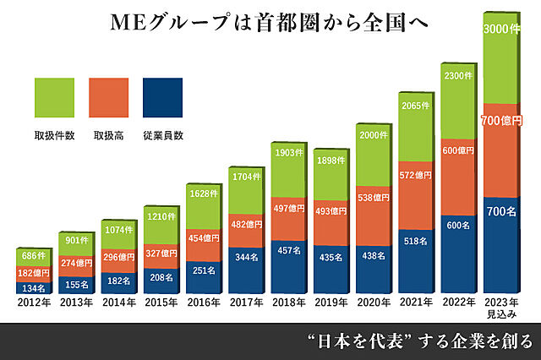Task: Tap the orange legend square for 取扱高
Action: [x=108, y=97]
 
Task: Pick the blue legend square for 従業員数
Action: [x=163, y=97]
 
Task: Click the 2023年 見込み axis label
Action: [x=500, y=308]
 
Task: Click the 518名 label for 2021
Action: [x=416, y=241]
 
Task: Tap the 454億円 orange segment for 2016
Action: [x=203, y=236]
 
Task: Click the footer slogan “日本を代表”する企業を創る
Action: [x=419, y=341]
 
